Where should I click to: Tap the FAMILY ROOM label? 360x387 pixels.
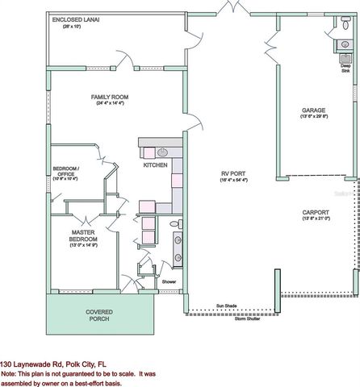(x=108, y=97)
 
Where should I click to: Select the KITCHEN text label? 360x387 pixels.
(x=155, y=164)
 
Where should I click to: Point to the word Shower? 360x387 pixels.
(x=169, y=281)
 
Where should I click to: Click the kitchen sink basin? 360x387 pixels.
(x=161, y=152)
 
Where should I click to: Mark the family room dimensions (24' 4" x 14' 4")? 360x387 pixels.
(x=108, y=104)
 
